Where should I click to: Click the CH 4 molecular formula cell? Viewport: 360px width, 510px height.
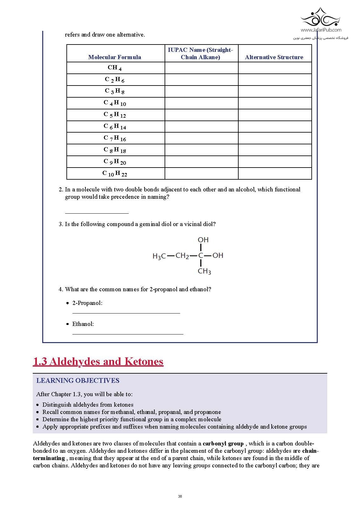[115, 68]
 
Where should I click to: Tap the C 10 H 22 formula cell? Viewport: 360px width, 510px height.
[115, 174]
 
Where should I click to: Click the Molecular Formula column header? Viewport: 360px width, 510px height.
[115, 57]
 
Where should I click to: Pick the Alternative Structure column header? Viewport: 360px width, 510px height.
[274, 57]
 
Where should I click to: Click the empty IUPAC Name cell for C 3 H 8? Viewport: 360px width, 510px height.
[201, 91]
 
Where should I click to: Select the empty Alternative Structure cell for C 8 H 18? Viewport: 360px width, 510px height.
[275, 150]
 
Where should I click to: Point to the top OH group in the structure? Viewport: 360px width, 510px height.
[203, 240]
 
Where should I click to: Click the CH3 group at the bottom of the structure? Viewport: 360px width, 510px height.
[204, 271]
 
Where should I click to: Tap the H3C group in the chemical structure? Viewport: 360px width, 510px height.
[159, 256]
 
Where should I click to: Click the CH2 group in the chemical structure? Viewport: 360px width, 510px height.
[182, 256]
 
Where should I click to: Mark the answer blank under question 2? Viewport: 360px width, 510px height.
[97, 212]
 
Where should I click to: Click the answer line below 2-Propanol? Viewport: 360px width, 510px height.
[126, 313]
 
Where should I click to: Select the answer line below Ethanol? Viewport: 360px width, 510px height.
[128, 334]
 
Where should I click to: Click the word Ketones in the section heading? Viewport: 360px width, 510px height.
[144, 362]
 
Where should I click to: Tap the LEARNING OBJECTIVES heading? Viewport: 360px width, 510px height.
[78, 381]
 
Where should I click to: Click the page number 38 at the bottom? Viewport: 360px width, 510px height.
[180, 497]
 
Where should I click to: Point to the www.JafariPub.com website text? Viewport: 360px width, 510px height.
[321, 30]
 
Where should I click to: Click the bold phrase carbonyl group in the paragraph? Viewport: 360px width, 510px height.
[223, 444]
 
